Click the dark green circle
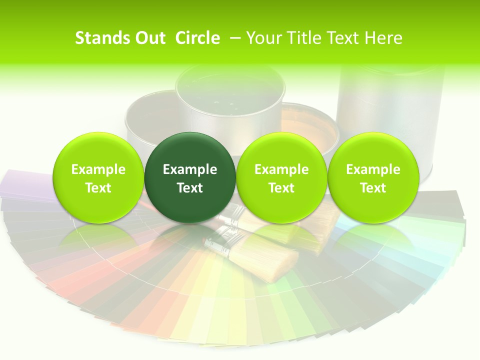(x=190, y=177)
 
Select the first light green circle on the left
(x=98, y=177)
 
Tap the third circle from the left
(x=281, y=177)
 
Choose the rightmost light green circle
(x=373, y=177)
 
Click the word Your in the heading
(x=263, y=38)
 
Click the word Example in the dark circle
(x=190, y=169)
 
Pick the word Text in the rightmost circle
(x=373, y=188)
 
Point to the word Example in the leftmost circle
(x=98, y=169)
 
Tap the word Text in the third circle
(x=281, y=188)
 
